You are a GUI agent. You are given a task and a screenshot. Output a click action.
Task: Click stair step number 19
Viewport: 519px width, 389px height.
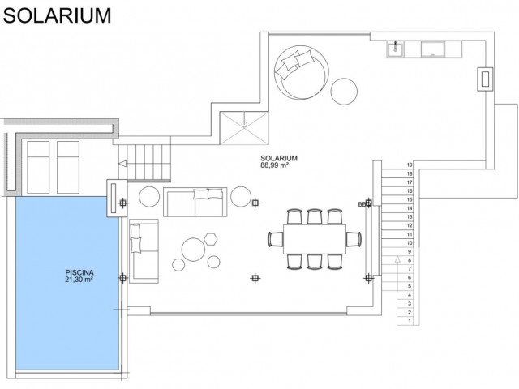(x=410, y=165)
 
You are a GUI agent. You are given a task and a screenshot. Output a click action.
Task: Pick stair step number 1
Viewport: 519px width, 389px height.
(x=410, y=321)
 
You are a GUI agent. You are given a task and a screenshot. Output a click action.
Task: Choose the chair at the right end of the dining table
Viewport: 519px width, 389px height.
(x=352, y=237)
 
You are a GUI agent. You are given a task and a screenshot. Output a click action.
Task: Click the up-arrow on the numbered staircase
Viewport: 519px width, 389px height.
(x=397, y=259)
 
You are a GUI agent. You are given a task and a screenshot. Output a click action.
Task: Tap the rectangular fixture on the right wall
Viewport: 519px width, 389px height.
(x=486, y=79)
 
